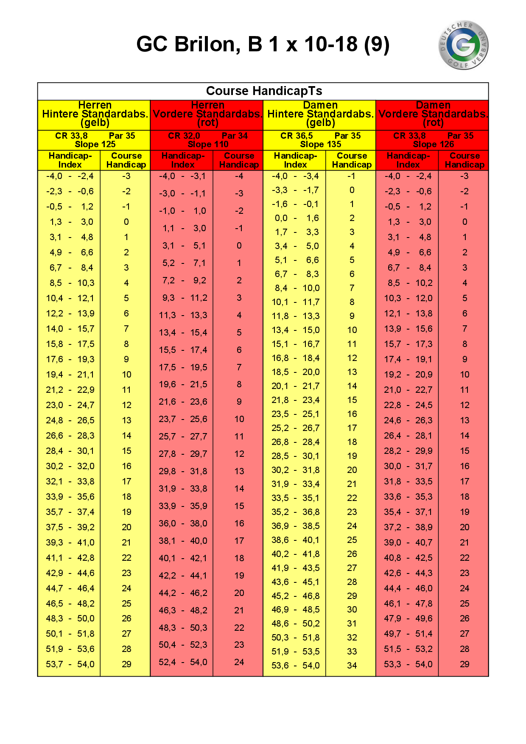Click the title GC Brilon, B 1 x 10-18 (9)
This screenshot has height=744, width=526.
(263, 44)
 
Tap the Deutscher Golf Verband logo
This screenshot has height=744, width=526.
(463, 45)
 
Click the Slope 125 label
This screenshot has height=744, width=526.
(95, 144)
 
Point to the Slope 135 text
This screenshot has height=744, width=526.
(320, 144)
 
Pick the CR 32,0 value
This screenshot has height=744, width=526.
(184, 136)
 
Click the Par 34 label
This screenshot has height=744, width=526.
(235, 136)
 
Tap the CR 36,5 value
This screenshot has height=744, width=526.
(297, 136)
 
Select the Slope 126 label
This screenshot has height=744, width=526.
(433, 144)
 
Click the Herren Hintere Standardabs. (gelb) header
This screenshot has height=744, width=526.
(95, 114)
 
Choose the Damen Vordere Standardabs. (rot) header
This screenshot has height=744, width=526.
(433, 114)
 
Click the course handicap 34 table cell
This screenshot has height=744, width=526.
(352, 666)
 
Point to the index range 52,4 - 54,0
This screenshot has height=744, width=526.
(183, 662)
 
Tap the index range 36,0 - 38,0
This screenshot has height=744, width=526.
(183, 523)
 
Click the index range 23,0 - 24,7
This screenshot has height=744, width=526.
(70, 405)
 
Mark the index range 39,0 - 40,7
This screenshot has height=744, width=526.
(408, 543)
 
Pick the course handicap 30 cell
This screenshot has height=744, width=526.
(352, 610)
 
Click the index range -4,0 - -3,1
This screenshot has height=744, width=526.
(183, 176)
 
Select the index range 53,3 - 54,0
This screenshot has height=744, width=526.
(408, 664)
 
